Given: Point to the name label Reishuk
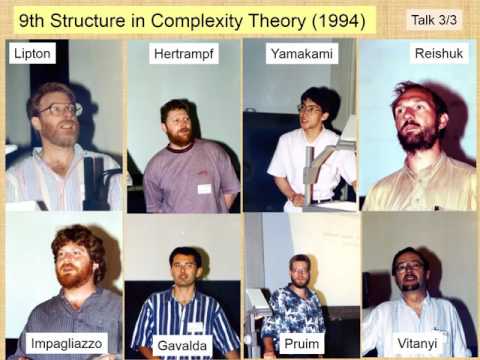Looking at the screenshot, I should [x=437, y=54].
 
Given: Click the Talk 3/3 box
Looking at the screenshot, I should [x=435, y=19].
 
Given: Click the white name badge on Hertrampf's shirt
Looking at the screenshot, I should [x=204, y=187].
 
